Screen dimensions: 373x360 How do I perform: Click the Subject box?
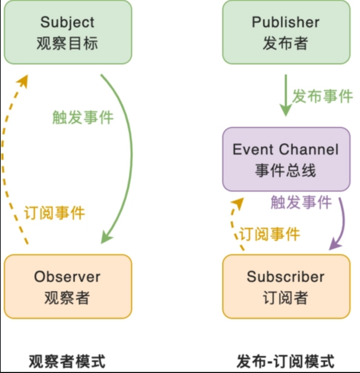(x=68, y=32)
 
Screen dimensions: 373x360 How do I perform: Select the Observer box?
(x=68, y=286)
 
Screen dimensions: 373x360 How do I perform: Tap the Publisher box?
(x=286, y=32)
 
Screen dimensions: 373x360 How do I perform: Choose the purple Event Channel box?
(x=286, y=159)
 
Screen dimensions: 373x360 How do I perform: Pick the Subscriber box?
(x=286, y=286)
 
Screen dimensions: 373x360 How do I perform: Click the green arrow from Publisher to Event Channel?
(x=285, y=95)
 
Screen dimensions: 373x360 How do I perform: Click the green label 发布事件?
(x=322, y=96)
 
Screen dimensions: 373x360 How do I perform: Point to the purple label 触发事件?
(x=301, y=202)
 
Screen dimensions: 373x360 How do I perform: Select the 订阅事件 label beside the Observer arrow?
(x=54, y=213)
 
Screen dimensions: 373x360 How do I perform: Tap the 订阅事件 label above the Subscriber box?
(x=269, y=234)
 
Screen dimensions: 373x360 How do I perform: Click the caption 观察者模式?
(x=67, y=362)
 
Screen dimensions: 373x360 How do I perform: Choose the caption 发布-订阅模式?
(x=285, y=362)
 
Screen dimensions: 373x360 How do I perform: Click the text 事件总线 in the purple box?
(x=285, y=171)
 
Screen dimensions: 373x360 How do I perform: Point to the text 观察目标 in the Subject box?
(x=67, y=43)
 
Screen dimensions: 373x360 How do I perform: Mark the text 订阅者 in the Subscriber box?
(x=285, y=298)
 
